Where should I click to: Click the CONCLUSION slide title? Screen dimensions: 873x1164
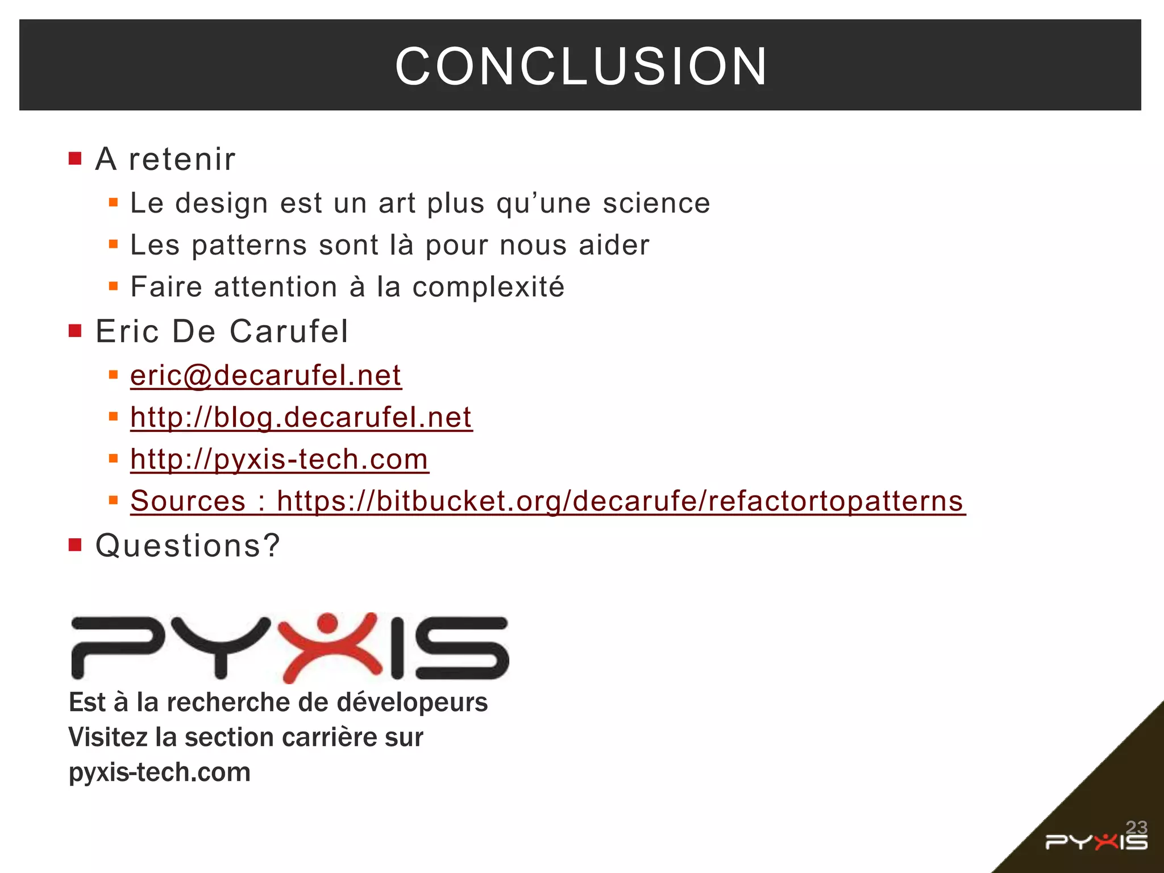(581, 66)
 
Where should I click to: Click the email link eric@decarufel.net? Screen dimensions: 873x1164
(265, 376)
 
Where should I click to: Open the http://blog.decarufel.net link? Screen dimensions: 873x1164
(301, 418)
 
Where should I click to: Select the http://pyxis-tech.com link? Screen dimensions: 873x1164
(279, 459)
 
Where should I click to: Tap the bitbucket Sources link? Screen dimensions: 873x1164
(547, 501)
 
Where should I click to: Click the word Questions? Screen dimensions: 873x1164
(188, 546)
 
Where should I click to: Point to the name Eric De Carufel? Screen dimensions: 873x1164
(222, 331)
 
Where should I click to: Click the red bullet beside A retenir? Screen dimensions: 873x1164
(75, 158)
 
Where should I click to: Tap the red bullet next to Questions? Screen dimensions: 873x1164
(75, 545)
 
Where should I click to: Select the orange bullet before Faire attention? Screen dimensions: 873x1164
(114, 286)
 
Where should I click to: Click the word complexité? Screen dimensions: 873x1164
(488, 287)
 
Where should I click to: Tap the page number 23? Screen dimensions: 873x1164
(1136, 827)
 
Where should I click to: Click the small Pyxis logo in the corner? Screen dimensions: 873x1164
(1096, 842)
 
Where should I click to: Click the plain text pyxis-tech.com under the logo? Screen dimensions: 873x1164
(160, 772)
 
